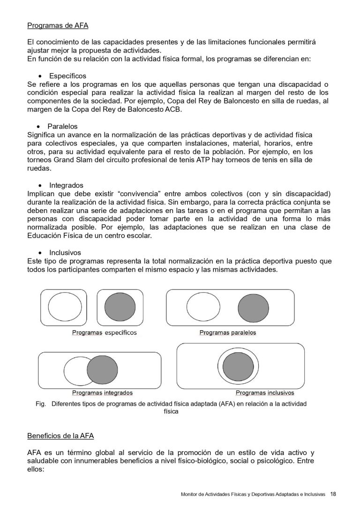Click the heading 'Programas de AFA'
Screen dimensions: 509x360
coord(58,25)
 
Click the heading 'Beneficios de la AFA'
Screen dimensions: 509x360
coord(60,436)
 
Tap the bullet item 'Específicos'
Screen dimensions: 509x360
coord(67,76)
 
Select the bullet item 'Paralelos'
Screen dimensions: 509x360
coord(62,126)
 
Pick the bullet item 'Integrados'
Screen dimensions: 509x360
coord(66,185)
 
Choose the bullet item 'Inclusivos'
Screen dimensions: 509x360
coord(65,252)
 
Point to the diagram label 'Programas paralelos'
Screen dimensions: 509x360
coord(228,333)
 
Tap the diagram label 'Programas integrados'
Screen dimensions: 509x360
coord(102,393)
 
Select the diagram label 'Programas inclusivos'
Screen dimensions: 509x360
coord(265,393)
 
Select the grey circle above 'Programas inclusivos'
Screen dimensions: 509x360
coord(238,367)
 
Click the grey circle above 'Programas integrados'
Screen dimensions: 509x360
coord(103,370)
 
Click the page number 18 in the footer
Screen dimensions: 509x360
coord(333,494)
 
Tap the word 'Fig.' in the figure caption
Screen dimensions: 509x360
coord(40,403)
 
